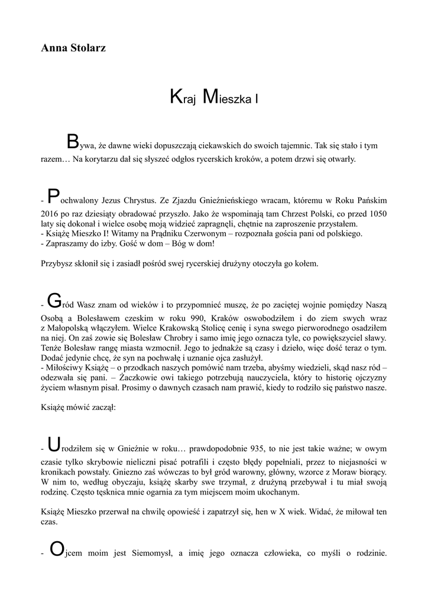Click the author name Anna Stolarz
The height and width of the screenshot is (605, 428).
[73, 48]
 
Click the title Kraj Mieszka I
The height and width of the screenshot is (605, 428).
[213, 97]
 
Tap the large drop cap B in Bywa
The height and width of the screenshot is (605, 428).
[72, 142]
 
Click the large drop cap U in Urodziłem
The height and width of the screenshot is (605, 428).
[54, 444]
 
